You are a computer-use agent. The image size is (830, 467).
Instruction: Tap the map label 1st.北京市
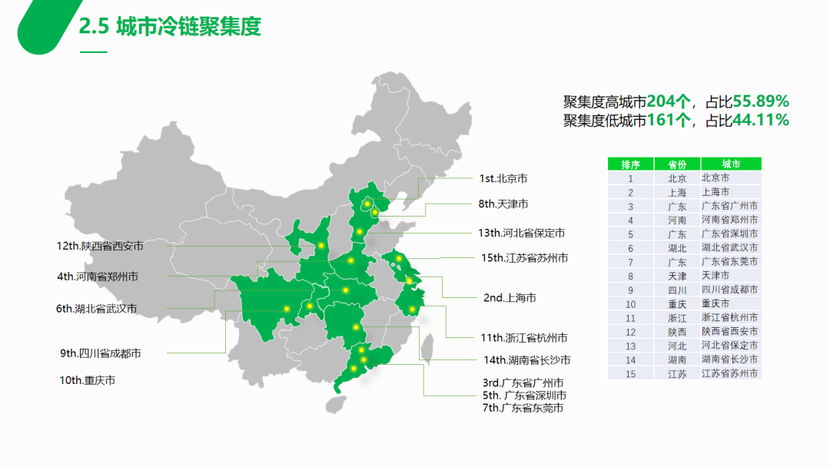(503, 178)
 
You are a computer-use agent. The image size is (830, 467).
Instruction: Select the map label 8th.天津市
(503, 204)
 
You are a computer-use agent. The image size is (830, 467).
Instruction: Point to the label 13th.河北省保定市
(521, 233)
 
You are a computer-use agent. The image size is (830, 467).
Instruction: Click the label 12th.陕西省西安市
(100, 246)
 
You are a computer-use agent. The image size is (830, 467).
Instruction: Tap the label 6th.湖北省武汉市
(96, 309)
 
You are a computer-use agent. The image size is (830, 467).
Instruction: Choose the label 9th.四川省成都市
(101, 353)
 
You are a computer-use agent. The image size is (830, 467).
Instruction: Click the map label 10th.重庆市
(88, 380)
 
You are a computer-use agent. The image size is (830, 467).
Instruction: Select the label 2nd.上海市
(510, 298)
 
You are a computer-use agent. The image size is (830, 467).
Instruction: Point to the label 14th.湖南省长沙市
(527, 359)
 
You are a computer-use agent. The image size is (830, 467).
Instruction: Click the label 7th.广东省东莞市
(522, 408)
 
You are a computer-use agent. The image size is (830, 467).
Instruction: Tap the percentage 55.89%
(761, 101)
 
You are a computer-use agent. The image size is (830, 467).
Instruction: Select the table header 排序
(630, 164)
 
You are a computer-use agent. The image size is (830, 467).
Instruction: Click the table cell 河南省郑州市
(730, 220)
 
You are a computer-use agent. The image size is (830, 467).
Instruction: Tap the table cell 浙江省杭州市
(730, 317)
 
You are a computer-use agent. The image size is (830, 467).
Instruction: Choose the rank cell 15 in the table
(630, 373)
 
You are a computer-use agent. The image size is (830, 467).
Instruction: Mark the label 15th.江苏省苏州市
(525, 258)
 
